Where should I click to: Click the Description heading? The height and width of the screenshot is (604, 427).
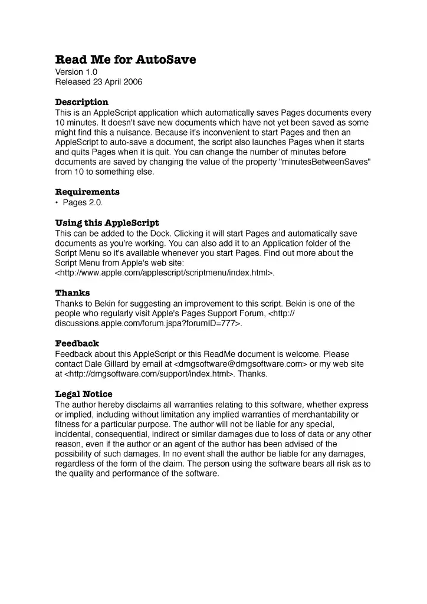coord(81,102)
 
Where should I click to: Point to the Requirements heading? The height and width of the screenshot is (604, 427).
coord(87,192)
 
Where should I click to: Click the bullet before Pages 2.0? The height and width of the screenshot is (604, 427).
coord(57,203)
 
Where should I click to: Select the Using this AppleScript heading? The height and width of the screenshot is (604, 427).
coord(107,223)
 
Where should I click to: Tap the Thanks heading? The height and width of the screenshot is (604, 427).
coord(73,293)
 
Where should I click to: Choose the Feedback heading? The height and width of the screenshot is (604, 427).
coord(77,343)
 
